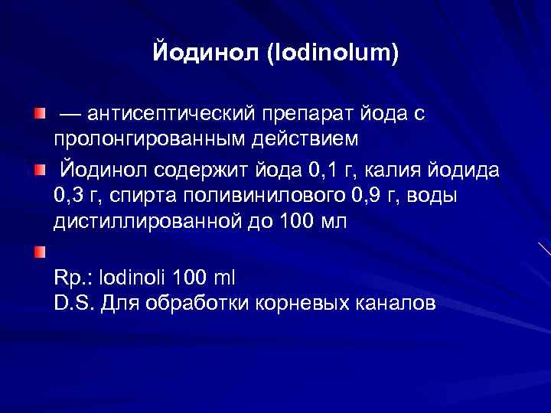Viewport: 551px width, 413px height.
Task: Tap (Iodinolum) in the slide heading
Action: [x=334, y=55]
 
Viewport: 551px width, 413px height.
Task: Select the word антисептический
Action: [x=170, y=115]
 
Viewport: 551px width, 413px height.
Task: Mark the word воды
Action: [x=432, y=196]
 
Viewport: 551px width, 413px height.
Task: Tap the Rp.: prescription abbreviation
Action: [x=73, y=276]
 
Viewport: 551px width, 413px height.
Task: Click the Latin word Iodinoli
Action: [x=131, y=276]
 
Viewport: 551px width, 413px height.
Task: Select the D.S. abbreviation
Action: [x=73, y=303]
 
